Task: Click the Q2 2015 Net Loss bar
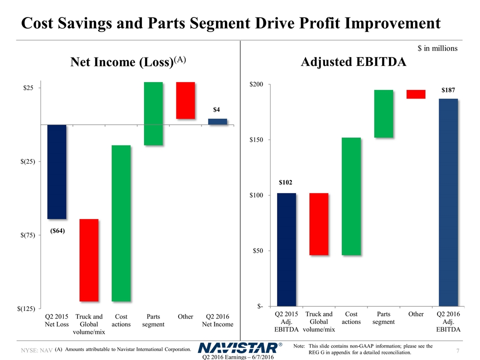click(x=56, y=171)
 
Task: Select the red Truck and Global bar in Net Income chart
click(x=89, y=260)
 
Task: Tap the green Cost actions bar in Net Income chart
click(x=121, y=223)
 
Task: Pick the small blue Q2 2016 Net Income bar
click(x=217, y=121)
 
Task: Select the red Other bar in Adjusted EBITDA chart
click(x=416, y=94)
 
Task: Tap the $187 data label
click(x=448, y=90)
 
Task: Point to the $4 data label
click(x=217, y=109)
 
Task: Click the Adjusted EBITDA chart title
click(x=353, y=62)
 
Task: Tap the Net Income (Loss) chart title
click(x=128, y=62)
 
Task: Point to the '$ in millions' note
click(x=437, y=48)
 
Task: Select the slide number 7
click(x=459, y=351)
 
